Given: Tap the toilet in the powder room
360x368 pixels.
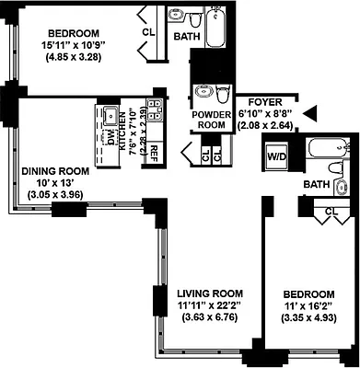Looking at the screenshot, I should click(224, 92).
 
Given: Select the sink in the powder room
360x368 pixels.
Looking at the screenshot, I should click(202, 92).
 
